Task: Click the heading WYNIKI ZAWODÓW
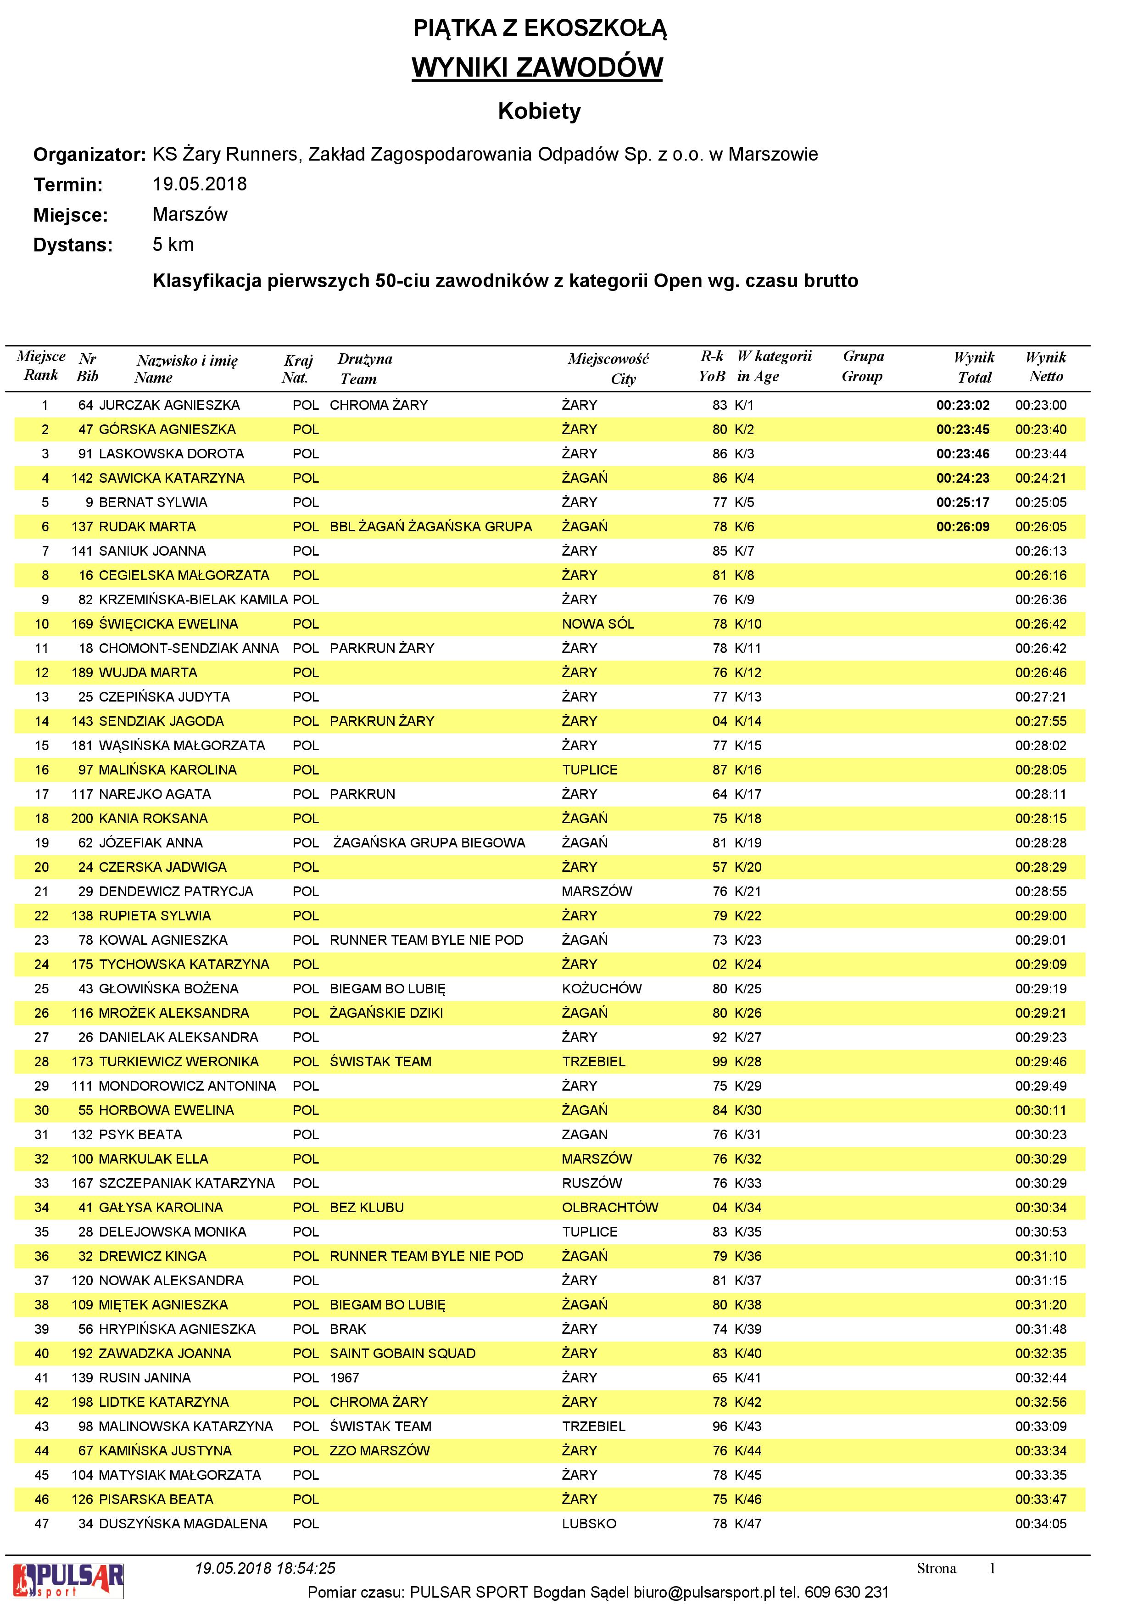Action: tap(536, 68)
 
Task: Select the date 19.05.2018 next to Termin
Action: tap(200, 184)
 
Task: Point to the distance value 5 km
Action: tap(173, 245)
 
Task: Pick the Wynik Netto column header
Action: tap(1045, 367)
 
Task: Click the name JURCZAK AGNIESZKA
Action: tap(169, 405)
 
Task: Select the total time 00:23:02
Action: tap(963, 405)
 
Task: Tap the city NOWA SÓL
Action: tap(597, 624)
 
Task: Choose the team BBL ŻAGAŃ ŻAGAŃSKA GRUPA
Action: tap(430, 527)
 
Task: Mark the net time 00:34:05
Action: tap(1041, 1524)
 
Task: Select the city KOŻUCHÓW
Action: tap(602, 989)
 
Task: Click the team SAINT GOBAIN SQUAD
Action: tap(402, 1354)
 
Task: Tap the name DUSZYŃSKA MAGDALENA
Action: tap(183, 1524)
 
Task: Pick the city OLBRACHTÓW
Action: tap(610, 1208)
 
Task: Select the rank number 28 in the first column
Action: tap(42, 1062)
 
